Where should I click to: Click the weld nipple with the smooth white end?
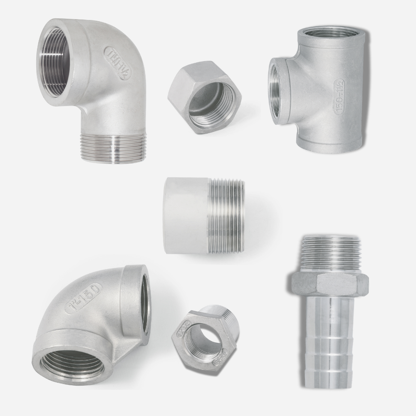click(x=204, y=215)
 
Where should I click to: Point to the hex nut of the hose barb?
click(x=329, y=283)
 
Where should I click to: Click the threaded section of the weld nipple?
click(x=227, y=215)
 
